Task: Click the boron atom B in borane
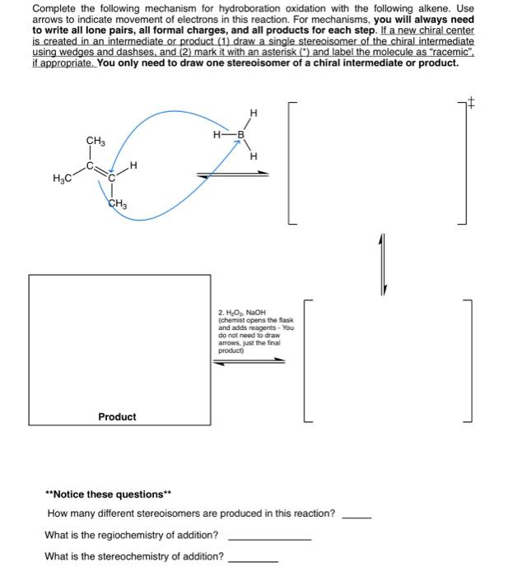(x=241, y=134)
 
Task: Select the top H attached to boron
(x=253, y=113)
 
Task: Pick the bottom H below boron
(x=254, y=156)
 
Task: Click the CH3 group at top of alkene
(x=96, y=142)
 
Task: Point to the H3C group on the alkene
(x=61, y=179)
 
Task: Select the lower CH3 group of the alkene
(x=117, y=204)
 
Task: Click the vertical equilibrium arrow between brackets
(x=382, y=263)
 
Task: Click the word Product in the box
(x=117, y=416)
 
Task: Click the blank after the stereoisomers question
(x=357, y=516)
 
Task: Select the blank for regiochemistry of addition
(x=268, y=537)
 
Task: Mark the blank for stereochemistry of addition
(x=254, y=559)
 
